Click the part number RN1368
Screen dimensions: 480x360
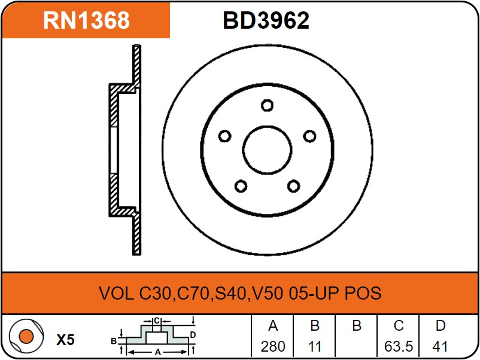point(86,20)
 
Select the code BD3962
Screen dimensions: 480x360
point(266,20)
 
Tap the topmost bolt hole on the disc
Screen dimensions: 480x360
point(268,105)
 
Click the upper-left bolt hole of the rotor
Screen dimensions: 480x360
point(224,136)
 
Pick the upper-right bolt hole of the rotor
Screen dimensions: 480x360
point(309,136)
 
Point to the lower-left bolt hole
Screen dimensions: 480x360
point(241,186)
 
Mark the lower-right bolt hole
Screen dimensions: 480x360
point(294,186)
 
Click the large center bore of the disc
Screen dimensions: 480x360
point(268,150)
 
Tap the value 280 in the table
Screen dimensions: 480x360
point(273,346)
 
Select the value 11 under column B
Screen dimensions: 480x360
point(314,346)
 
